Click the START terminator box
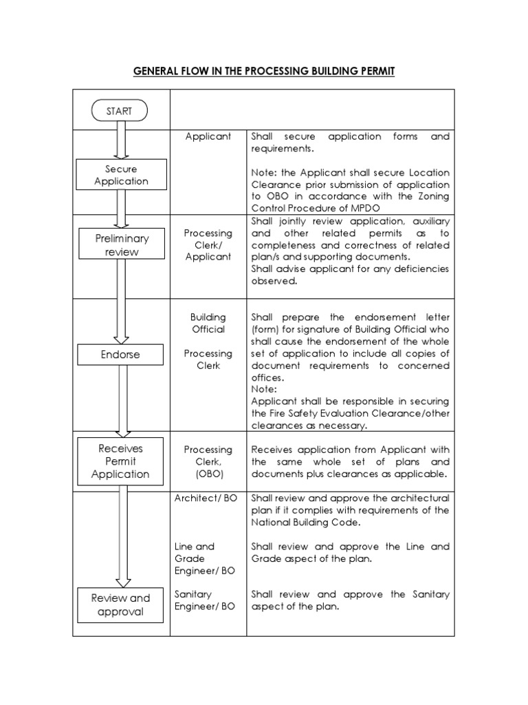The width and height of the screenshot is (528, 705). click(x=121, y=110)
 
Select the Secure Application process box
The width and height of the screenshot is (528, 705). click(x=121, y=175)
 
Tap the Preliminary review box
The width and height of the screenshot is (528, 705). click(x=121, y=244)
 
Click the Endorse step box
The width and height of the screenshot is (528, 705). click(x=121, y=355)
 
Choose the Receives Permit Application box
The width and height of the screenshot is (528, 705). click(x=121, y=461)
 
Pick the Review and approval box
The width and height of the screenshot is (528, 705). click(x=121, y=604)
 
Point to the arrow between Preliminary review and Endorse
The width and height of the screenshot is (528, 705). click(x=121, y=302)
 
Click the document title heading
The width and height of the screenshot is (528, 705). click(x=264, y=71)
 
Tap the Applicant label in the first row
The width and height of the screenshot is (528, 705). click(x=208, y=136)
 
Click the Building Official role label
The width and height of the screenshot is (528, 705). click(x=208, y=323)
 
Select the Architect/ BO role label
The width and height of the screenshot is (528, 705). click(x=206, y=498)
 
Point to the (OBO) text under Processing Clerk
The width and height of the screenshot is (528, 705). click(x=208, y=474)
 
